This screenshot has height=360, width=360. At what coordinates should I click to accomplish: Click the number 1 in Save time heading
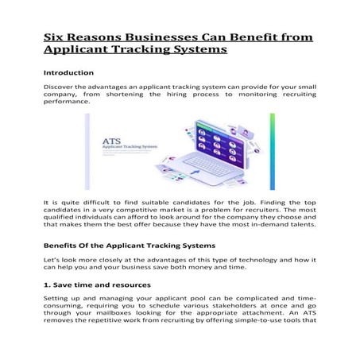46,285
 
